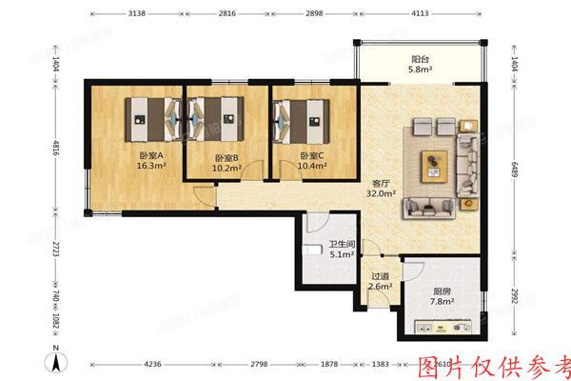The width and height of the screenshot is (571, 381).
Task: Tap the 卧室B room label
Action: click(x=226, y=163)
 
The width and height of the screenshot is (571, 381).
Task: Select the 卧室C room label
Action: click(x=312, y=161)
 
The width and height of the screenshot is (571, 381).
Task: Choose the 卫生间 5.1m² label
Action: click(x=342, y=250)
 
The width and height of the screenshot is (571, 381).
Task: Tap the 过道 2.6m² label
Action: click(x=380, y=282)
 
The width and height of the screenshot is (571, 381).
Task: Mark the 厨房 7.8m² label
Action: click(x=440, y=297)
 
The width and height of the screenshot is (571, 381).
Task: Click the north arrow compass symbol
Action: click(x=57, y=360)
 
